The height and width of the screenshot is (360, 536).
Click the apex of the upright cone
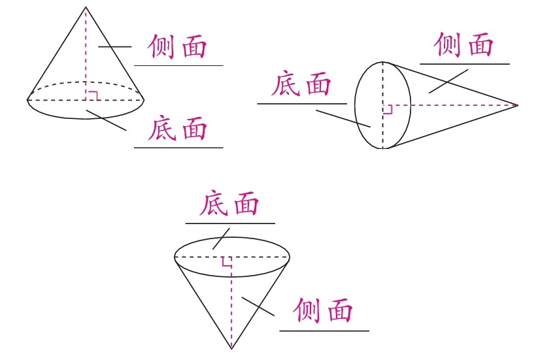(86, 7)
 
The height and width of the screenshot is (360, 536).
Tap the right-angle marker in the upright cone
(92, 95)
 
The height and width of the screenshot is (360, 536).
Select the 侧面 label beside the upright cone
(178, 47)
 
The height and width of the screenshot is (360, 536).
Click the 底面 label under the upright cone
(178, 129)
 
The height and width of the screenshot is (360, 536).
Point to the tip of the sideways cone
(517, 105)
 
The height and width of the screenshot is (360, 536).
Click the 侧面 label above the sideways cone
(463, 45)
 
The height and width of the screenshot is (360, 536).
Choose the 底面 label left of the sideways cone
(301, 85)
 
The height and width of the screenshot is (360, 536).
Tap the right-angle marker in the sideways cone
(387, 109)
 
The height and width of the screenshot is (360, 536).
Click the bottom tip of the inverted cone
(231, 348)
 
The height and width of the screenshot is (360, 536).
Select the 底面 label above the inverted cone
(229, 205)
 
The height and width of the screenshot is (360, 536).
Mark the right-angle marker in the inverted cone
(226, 262)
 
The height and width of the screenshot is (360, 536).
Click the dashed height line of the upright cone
(86, 52)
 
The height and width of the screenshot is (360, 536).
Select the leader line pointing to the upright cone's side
(115, 46)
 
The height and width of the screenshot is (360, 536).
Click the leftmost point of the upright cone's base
(28, 100)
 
